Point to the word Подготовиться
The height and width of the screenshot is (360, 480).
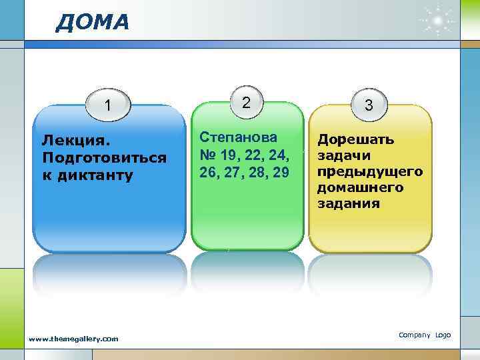click(x=103, y=158)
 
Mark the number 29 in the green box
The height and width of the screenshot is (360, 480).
click(x=280, y=172)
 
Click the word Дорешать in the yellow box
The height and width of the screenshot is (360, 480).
click(x=355, y=140)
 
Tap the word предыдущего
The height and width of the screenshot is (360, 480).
click(x=370, y=172)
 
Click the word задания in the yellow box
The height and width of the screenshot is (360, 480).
click(x=348, y=204)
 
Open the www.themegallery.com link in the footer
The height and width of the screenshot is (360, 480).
click(x=73, y=339)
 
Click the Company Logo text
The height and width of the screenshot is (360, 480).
click(x=425, y=335)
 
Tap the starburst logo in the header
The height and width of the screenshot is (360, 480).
click(x=437, y=21)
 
